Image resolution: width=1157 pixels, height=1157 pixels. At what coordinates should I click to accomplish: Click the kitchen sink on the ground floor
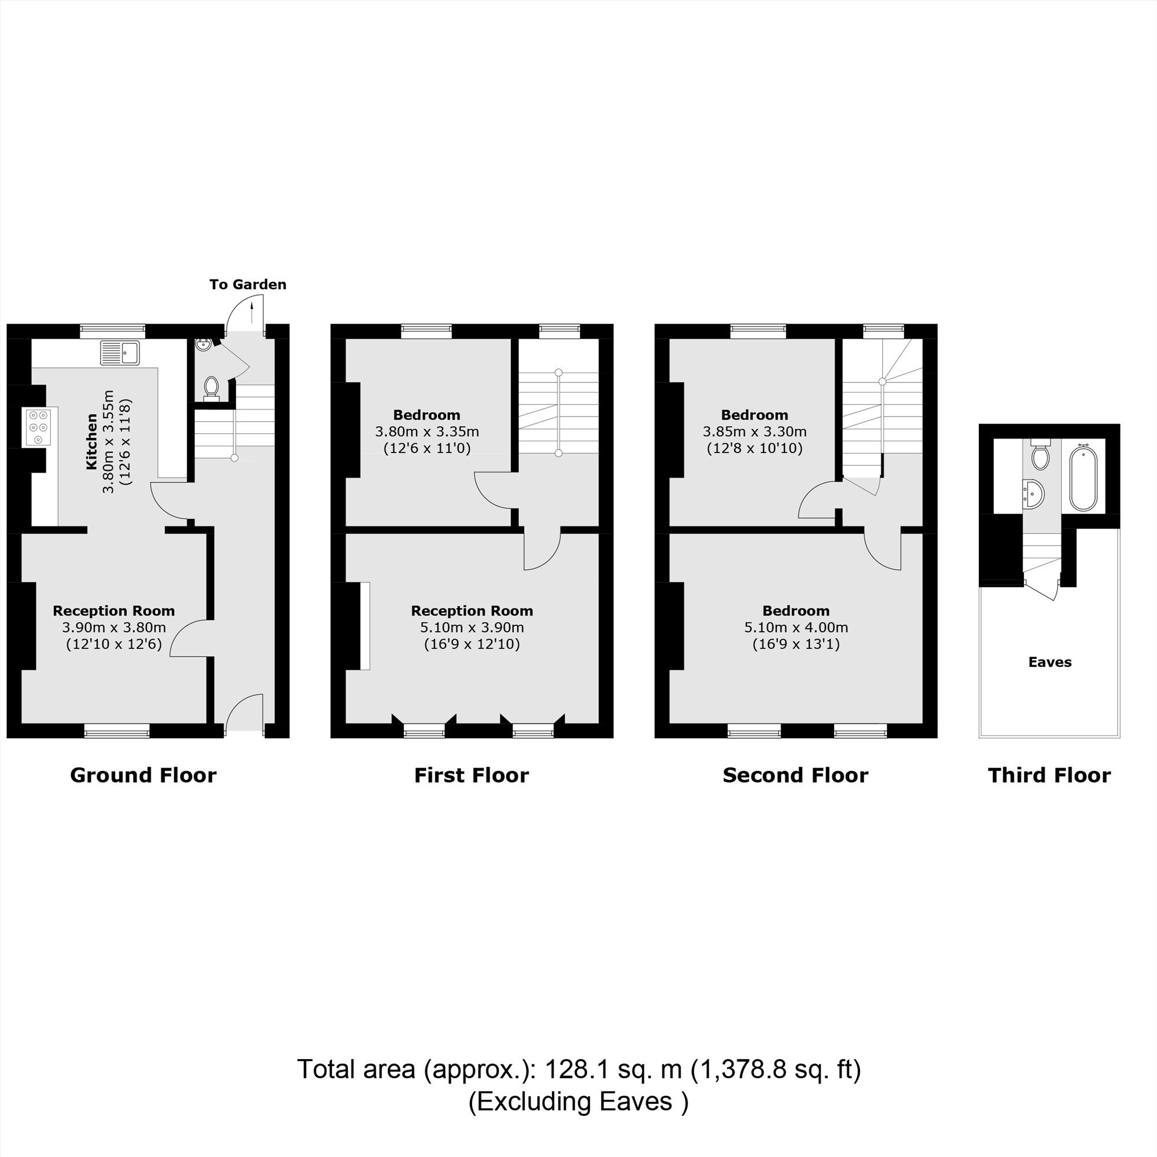click(x=120, y=353)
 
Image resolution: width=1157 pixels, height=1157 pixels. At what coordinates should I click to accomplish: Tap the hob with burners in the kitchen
click(x=38, y=426)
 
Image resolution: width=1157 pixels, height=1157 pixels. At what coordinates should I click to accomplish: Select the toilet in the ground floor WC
click(x=211, y=388)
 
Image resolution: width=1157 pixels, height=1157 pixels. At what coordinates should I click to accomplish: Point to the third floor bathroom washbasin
click(x=1034, y=493)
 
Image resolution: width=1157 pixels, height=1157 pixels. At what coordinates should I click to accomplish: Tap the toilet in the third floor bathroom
click(x=1040, y=455)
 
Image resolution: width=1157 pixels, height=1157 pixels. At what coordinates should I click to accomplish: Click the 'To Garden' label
click(x=248, y=285)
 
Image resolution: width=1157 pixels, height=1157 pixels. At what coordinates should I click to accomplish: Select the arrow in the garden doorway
click(x=252, y=311)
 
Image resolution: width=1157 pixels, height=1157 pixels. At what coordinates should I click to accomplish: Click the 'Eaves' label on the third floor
click(x=1050, y=662)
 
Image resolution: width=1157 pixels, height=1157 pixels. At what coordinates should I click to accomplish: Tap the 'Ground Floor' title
click(x=143, y=775)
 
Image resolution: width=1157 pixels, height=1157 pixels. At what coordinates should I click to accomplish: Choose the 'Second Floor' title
click(x=795, y=775)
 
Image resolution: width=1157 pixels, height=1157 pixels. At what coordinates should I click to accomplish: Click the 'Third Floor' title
click(x=1049, y=775)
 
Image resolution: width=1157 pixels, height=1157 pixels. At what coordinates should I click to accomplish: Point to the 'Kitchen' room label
click(x=91, y=441)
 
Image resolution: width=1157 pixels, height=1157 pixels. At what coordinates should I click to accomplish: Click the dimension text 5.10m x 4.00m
click(x=796, y=628)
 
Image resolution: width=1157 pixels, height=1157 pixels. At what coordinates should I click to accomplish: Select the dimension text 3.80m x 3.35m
click(x=427, y=431)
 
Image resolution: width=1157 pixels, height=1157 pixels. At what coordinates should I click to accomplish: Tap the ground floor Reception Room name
click(x=114, y=611)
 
